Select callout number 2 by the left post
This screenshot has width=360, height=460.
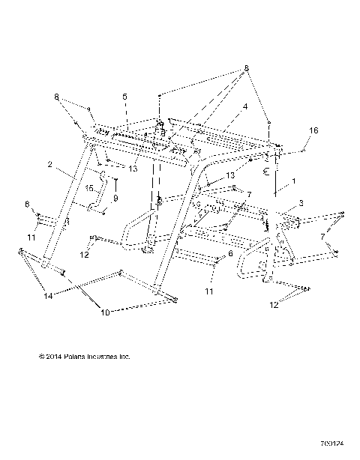click(x=49, y=164)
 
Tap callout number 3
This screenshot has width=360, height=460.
click(x=301, y=203)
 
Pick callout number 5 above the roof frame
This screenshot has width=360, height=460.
click(x=125, y=97)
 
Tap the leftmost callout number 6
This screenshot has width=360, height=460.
click(x=28, y=204)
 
